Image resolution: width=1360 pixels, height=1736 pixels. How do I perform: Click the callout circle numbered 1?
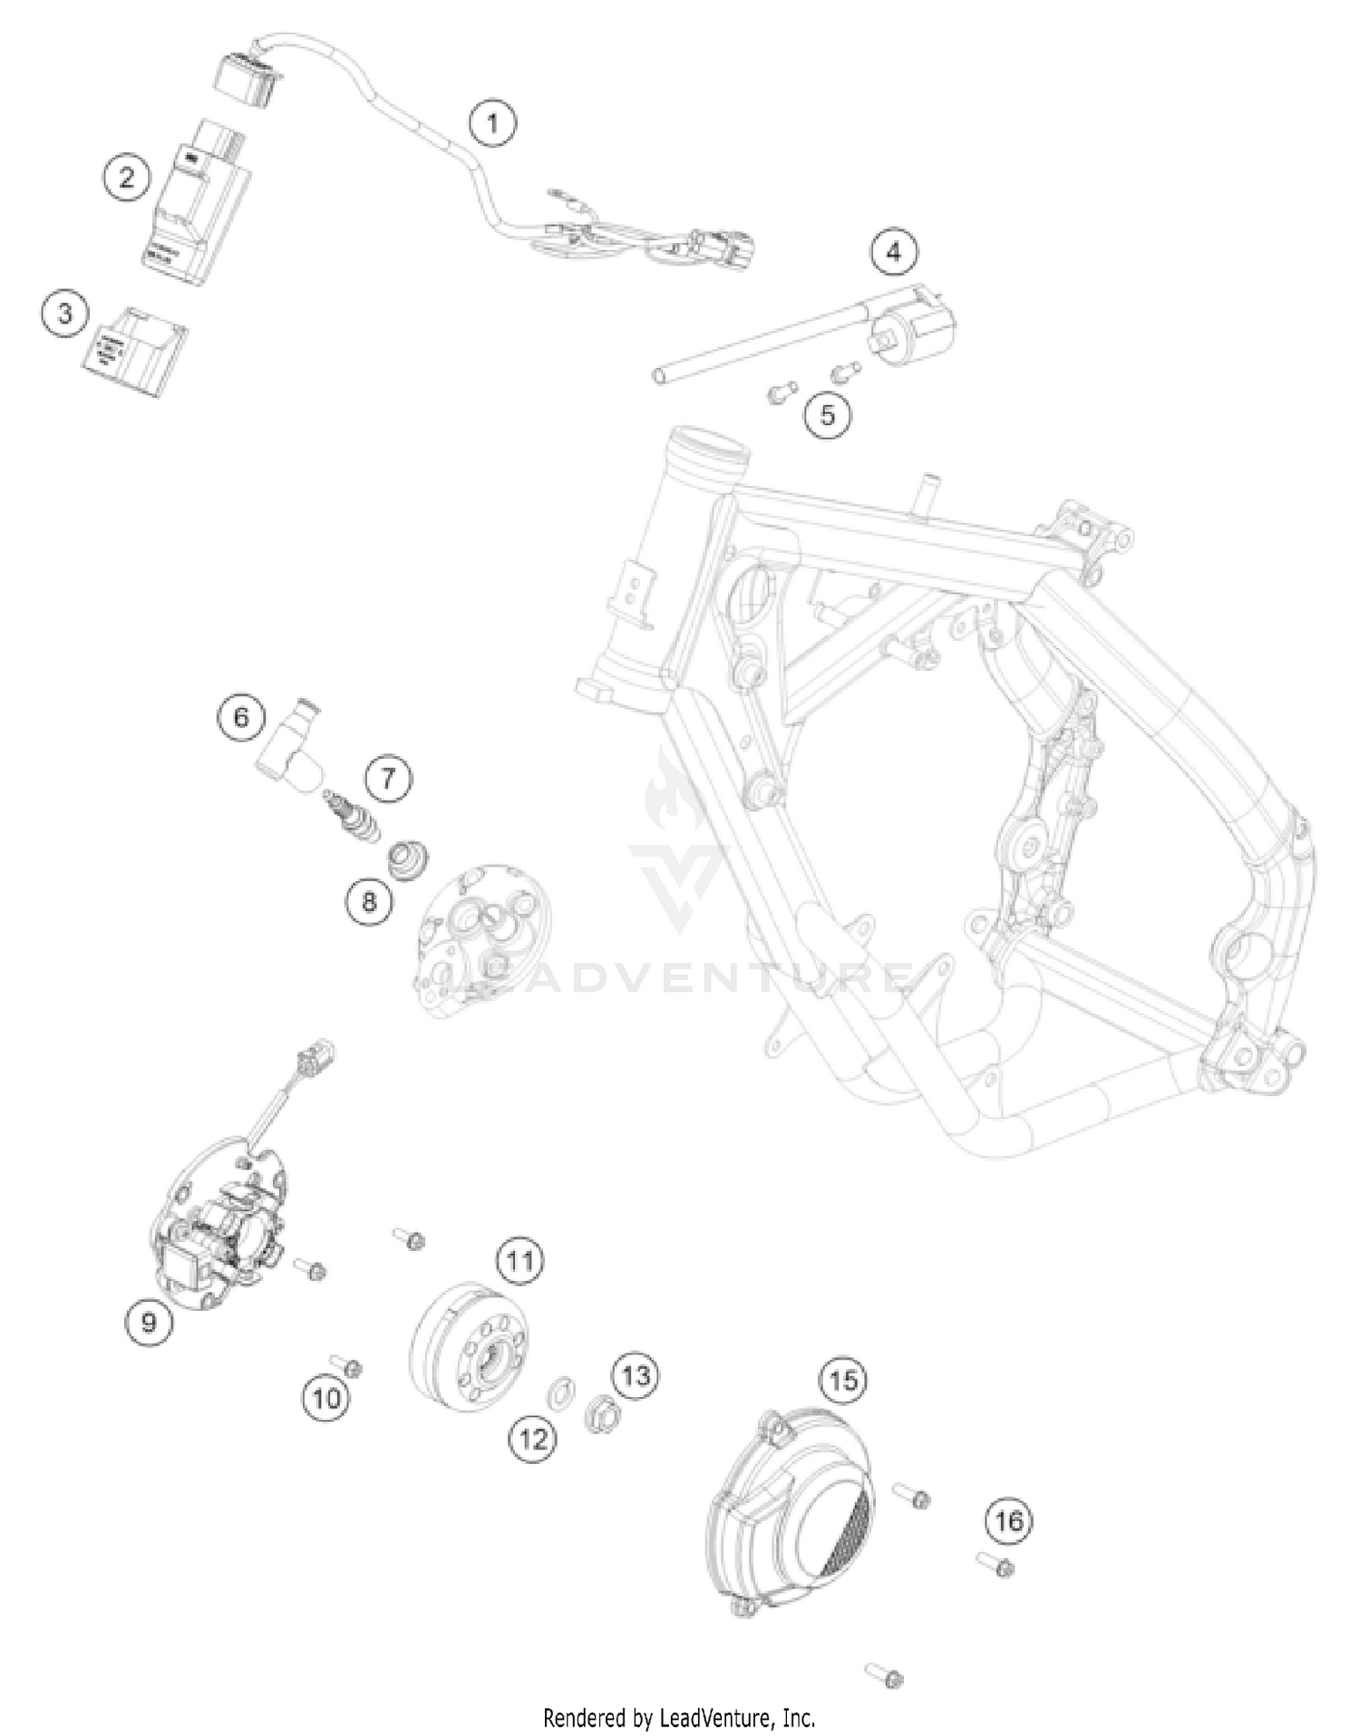click(x=493, y=121)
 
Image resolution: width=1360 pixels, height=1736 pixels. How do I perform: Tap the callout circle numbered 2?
click(x=126, y=176)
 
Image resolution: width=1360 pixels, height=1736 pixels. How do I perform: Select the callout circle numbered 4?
click(x=894, y=251)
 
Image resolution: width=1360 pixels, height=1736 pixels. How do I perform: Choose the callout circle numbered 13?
click(x=636, y=1375)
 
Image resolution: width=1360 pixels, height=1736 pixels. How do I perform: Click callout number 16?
click(x=1009, y=1519)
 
